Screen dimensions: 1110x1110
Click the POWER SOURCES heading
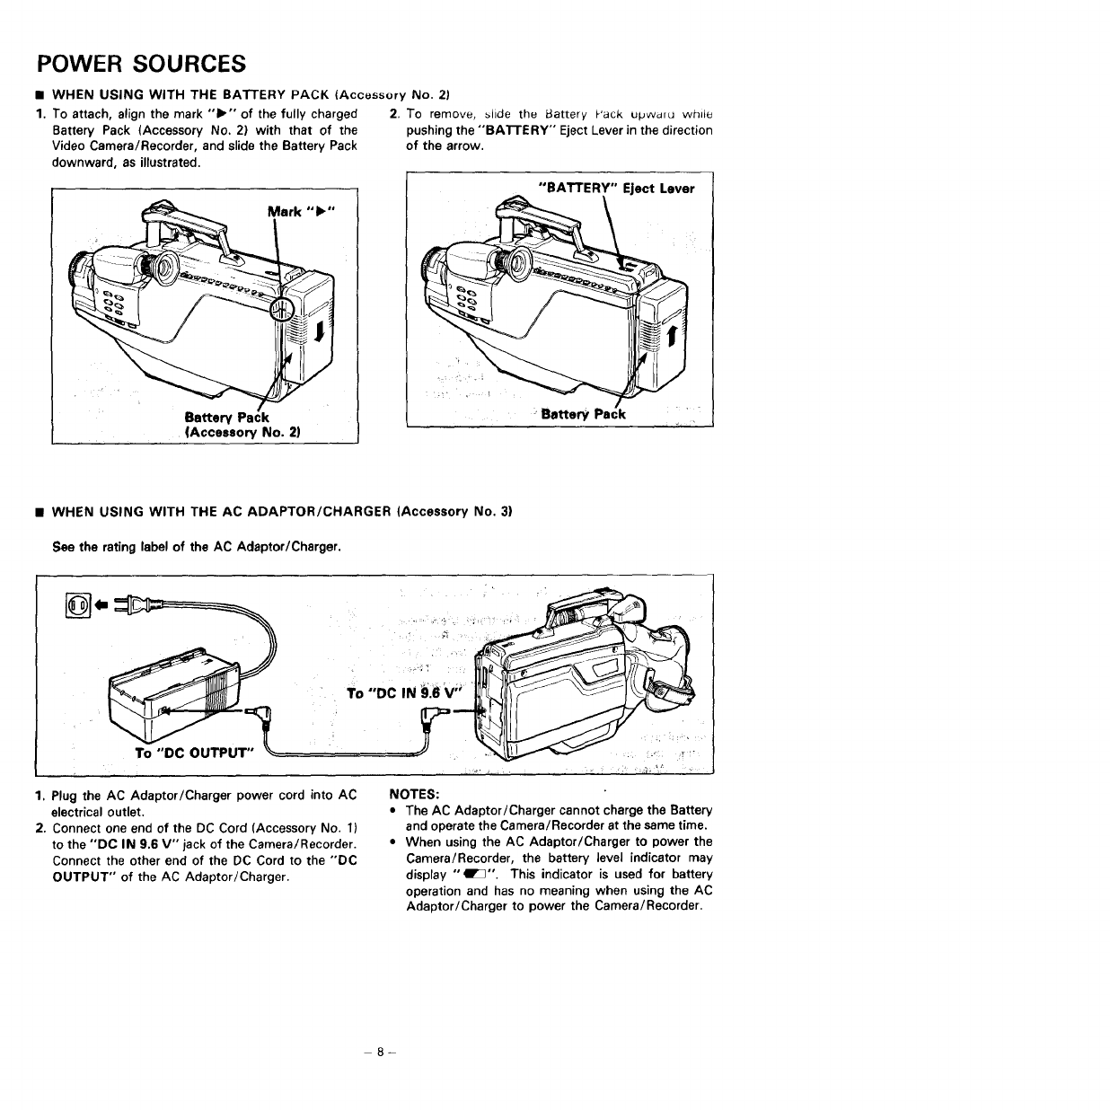tap(140, 64)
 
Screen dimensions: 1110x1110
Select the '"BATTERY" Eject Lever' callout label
tap(615, 189)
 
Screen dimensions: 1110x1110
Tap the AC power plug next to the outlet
tap(131, 606)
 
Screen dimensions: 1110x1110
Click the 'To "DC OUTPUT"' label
tap(194, 752)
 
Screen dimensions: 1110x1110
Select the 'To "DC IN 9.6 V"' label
tap(401, 692)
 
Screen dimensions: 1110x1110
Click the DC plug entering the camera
tap(442, 716)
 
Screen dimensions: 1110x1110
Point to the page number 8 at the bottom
tap(381, 1052)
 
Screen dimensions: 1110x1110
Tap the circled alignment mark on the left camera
tap(281, 311)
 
